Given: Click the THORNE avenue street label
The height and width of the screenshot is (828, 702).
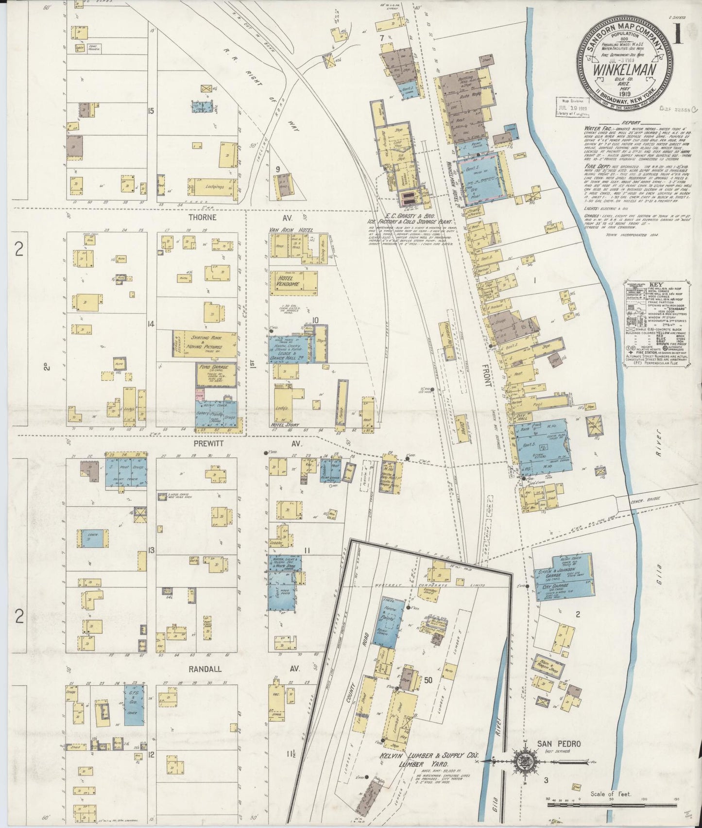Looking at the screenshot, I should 203,217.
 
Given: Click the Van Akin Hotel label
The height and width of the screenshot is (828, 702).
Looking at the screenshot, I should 291,229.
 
